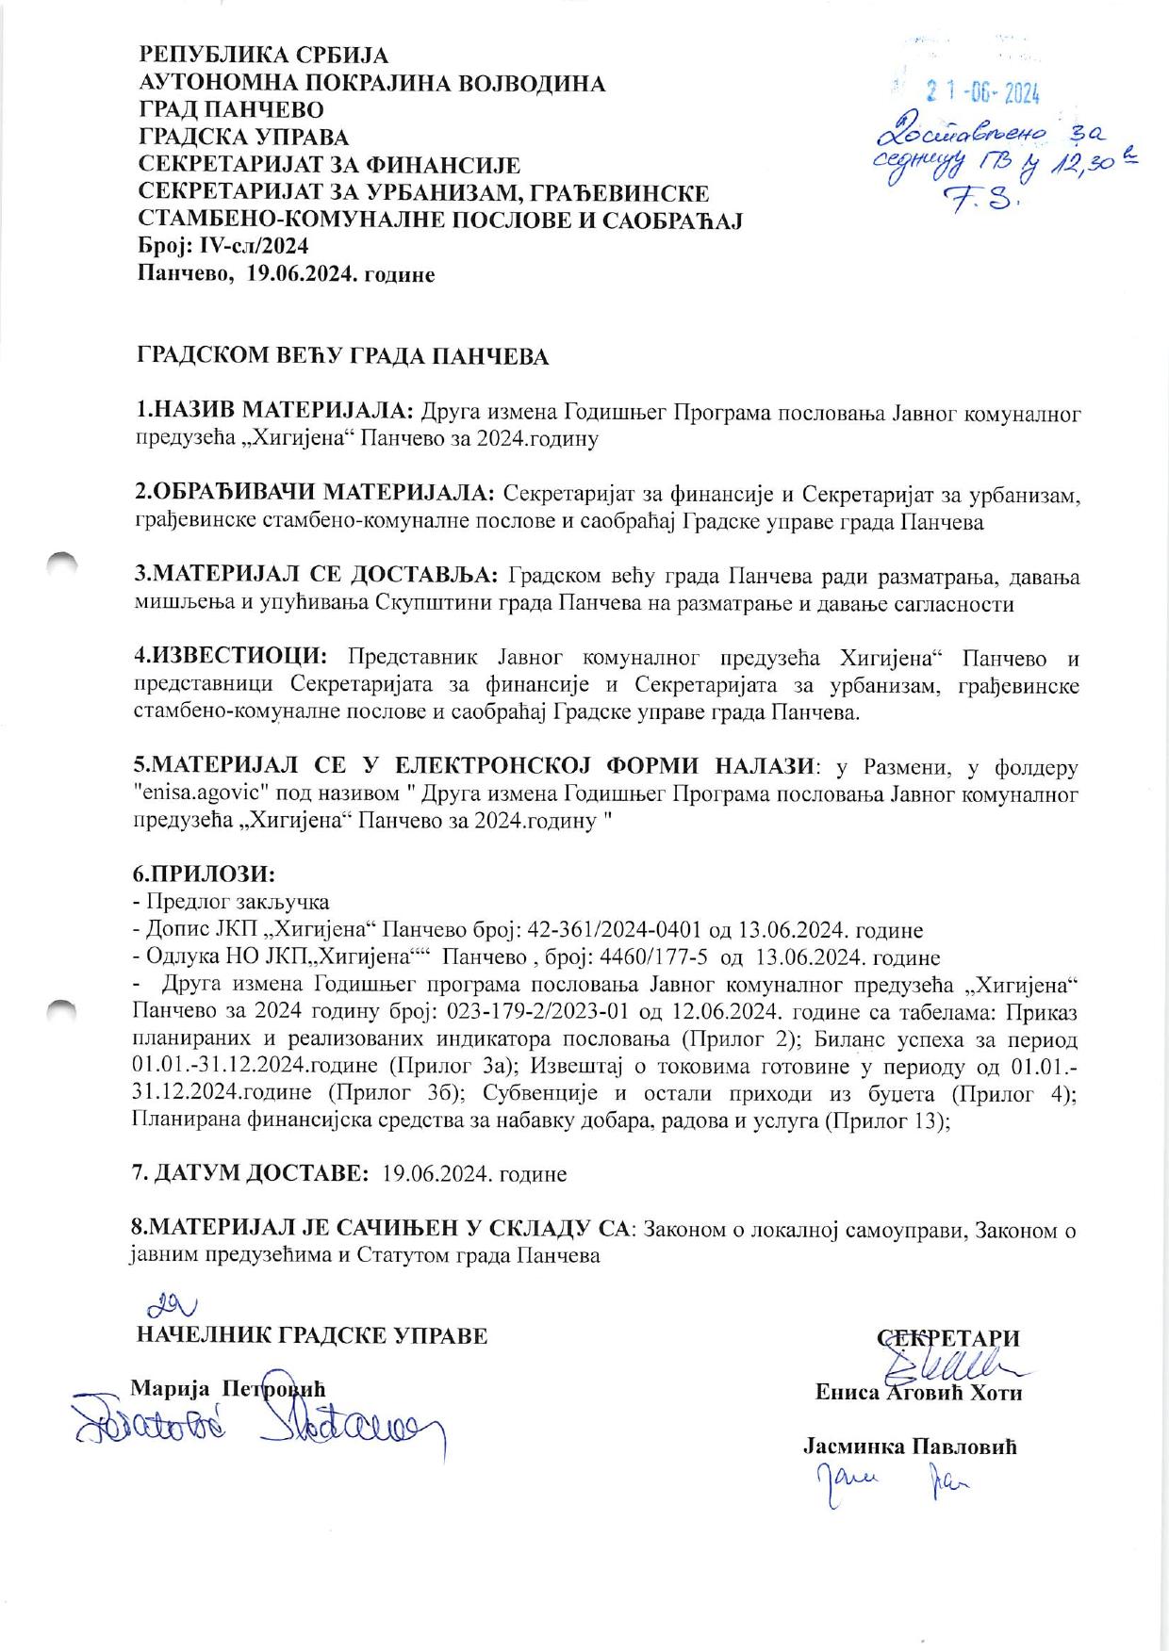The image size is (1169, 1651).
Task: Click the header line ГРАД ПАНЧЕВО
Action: [x=231, y=110]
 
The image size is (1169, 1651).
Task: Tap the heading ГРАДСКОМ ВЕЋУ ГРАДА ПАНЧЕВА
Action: [x=342, y=357]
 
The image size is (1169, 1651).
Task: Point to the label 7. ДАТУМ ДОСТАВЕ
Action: [x=251, y=1174]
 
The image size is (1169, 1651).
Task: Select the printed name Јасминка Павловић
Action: [x=910, y=1447]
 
